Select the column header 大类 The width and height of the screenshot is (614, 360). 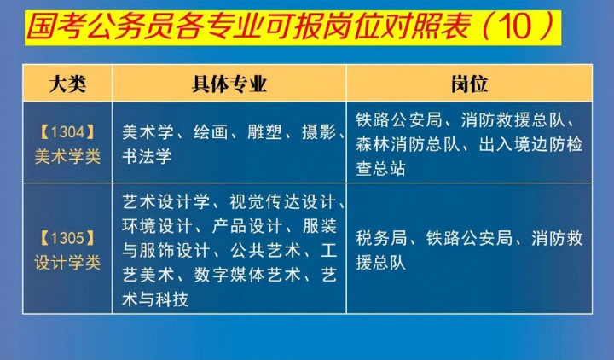[67, 84]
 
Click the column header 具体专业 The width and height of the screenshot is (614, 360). [229, 84]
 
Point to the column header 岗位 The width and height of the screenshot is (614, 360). [469, 84]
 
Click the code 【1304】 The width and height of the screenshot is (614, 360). [67, 132]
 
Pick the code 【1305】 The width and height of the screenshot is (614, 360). [67, 238]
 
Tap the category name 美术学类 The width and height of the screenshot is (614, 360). [67, 157]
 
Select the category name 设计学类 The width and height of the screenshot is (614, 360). [67, 263]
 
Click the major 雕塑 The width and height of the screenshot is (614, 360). [264, 132]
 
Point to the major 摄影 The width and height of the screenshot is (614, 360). [319, 132]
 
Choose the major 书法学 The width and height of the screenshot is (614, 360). [147, 156]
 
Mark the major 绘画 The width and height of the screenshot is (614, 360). [211, 132]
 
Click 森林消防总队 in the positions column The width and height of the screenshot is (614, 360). [408, 144]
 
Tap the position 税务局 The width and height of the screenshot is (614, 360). [381, 238]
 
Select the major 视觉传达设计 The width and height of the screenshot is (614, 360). [283, 202]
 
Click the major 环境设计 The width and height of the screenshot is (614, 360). [157, 226]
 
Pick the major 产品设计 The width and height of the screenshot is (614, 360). [247, 226]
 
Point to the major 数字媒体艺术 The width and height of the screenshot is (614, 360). [247, 275]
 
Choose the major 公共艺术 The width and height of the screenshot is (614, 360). [265, 251]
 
